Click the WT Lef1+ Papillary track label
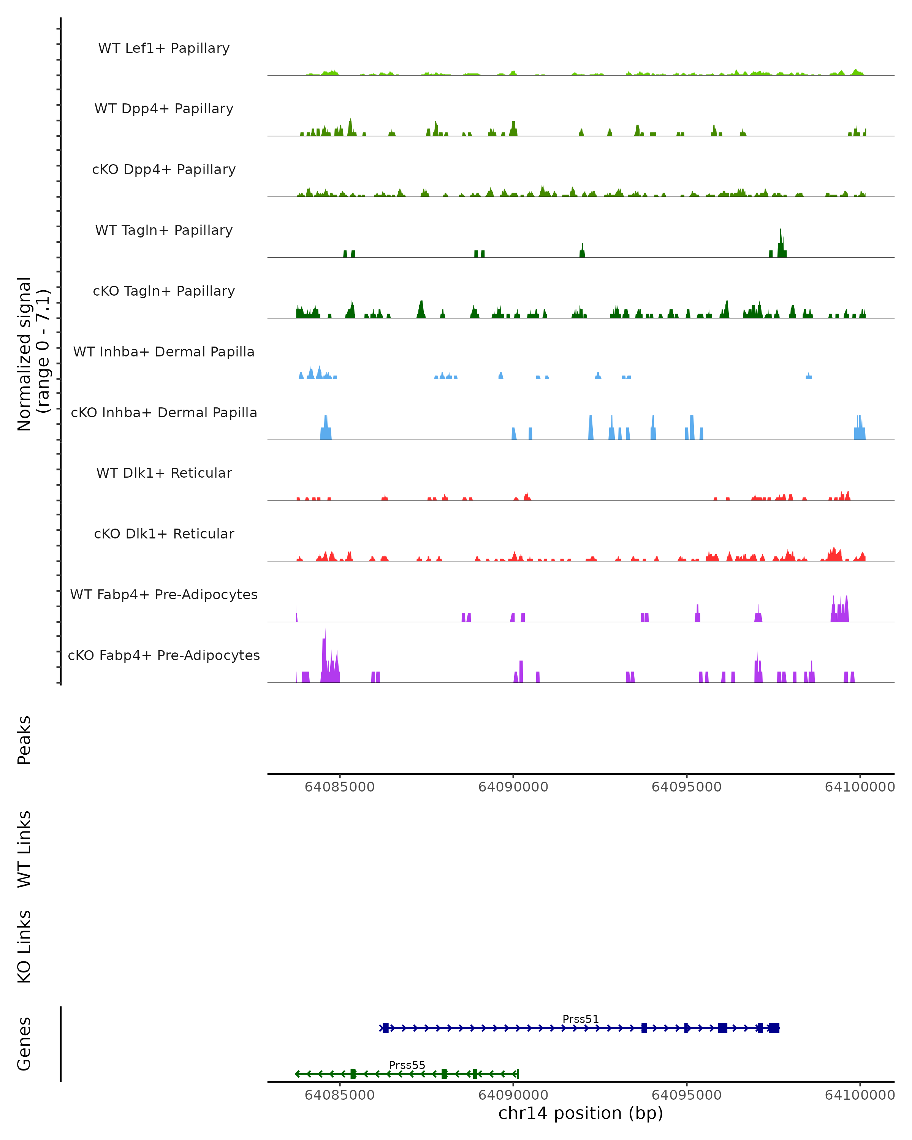click(164, 48)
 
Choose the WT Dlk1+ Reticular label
click(164, 473)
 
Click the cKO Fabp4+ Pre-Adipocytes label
click(164, 655)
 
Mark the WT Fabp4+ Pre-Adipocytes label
click(164, 594)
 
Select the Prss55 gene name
click(407, 1065)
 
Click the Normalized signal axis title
click(33, 354)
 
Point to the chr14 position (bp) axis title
click(581, 1113)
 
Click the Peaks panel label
click(24, 740)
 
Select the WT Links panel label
click(24, 849)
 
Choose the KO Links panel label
click(24, 947)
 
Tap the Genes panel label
click(24, 1044)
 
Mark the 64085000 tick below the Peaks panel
click(339, 787)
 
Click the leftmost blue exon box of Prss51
click(385, 1028)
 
